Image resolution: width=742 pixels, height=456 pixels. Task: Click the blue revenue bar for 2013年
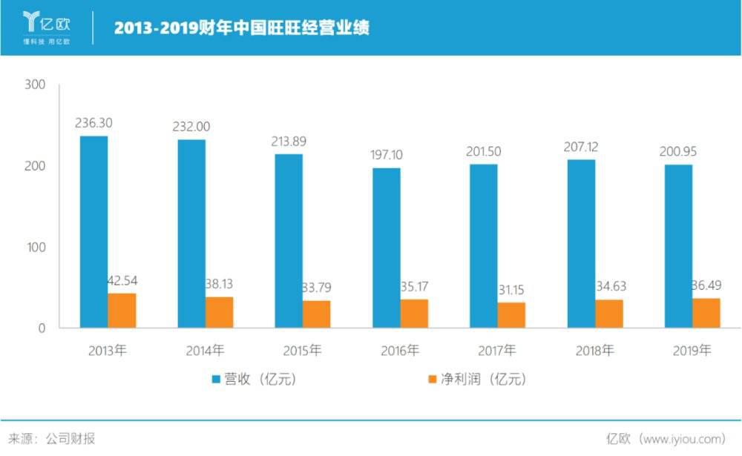click(93, 231)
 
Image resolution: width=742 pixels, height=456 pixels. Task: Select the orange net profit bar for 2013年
click(122, 311)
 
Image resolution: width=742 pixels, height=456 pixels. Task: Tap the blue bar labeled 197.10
click(386, 248)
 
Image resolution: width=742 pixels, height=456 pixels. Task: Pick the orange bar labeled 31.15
click(511, 315)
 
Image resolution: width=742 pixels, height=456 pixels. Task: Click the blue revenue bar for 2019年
click(678, 246)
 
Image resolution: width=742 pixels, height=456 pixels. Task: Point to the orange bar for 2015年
click(316, 314)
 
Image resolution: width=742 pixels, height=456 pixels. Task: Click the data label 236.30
click(94, 123)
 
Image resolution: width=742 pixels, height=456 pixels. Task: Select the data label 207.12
click(581, 147)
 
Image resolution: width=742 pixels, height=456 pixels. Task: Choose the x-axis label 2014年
click(205, 350)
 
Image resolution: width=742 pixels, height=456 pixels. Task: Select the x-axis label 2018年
click(594, 350)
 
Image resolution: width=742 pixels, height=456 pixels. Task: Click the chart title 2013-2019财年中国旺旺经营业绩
click(242, 28)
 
